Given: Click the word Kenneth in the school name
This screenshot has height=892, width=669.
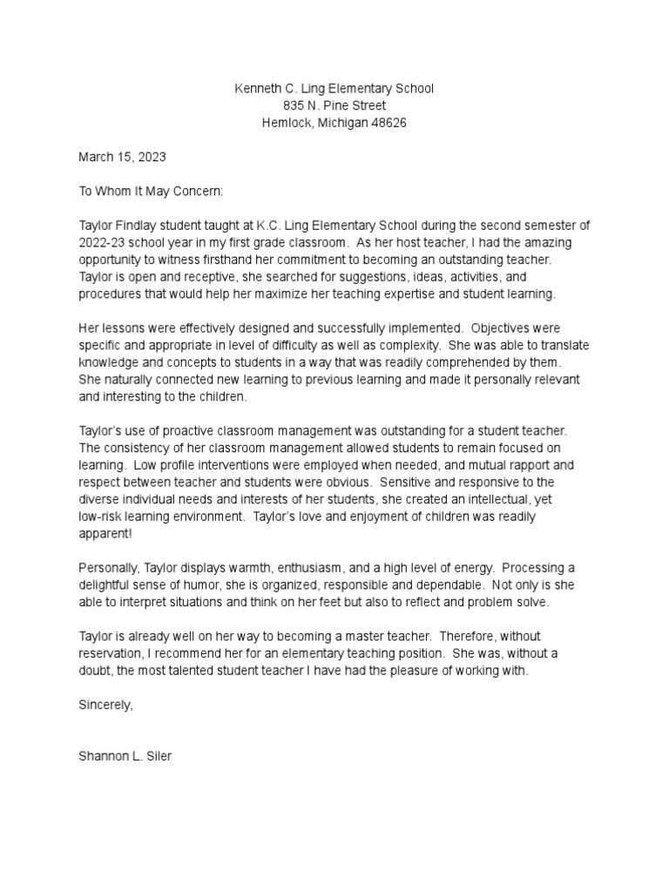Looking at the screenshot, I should (260, 89).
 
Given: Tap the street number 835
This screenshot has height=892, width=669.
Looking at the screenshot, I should (280, 106).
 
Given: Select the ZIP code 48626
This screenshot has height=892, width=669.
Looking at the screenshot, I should (388, 123).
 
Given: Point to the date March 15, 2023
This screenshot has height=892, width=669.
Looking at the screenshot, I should (122, 158).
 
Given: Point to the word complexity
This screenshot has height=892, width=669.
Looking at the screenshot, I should (399, 345).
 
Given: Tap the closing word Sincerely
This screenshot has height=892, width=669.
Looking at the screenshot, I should (106, 704).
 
